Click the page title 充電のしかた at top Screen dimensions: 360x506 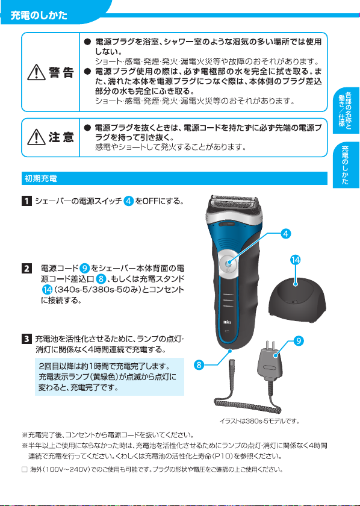(x=39, y=16)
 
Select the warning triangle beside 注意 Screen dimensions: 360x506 (x=36, y=138)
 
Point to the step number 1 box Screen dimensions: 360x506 (x=26, y=202)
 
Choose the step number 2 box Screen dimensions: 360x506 (x=26, y=269)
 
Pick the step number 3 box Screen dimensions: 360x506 (x=26, y=340)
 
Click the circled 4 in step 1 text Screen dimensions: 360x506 (x=129, y=202)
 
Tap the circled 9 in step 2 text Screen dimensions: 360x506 (x=84, y=269)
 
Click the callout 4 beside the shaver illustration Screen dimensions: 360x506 (x=285, y=234)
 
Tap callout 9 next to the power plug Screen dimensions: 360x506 (x=299, y=341)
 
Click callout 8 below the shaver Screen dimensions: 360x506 (x=199, y=365)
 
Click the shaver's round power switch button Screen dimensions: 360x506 (x=228, y=263)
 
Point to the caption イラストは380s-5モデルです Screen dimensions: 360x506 (x=259, y=421)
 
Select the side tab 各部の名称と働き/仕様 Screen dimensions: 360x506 (x=346, y=111)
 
